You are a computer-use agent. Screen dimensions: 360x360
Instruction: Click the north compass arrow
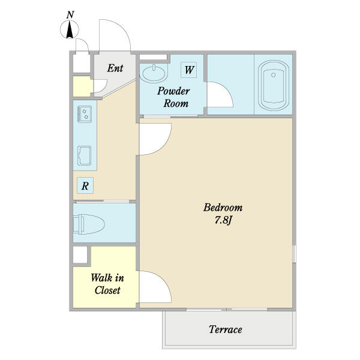click(70, 29)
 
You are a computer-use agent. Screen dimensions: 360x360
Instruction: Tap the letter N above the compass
click(70, 15)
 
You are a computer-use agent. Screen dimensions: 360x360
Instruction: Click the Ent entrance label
click(115, 68)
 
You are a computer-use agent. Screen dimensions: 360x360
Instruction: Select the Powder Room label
click(173, 97)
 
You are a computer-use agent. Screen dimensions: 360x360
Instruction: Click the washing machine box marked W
click(189, 70)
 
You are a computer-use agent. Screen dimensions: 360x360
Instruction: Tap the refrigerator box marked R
click(85, 185)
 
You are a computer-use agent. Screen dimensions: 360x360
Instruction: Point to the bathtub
click(273, 85)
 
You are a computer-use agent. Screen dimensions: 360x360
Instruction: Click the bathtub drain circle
click(273, 75)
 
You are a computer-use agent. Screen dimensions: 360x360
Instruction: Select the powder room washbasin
click(154, 73)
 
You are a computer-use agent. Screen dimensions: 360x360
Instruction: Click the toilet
click(89, 224)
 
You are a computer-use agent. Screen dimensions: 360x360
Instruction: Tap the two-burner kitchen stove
click(85, 114)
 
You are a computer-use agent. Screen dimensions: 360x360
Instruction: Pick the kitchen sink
click(84, 155)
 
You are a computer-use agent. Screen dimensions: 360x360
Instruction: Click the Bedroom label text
click(223, 208)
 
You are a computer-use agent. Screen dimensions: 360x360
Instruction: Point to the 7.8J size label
click(223, 220)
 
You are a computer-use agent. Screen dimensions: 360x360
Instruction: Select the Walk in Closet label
click(107, 284)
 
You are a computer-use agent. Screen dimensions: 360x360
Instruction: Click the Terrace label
click(225, 329)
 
